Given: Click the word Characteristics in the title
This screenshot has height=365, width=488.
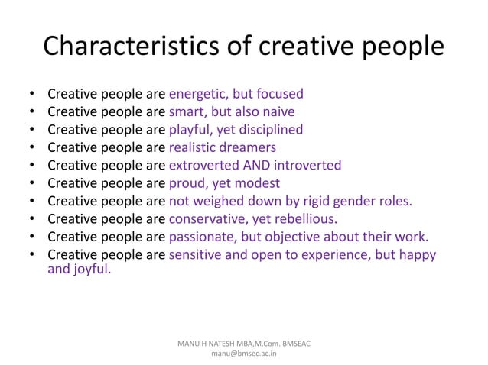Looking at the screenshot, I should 130,47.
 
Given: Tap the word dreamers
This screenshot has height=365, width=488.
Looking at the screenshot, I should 249,147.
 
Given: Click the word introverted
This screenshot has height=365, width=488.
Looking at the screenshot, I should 307,165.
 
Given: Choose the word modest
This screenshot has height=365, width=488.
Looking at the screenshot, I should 257,183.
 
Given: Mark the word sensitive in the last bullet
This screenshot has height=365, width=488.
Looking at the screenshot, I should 197,254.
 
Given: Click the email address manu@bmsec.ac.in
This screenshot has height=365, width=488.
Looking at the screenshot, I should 243,355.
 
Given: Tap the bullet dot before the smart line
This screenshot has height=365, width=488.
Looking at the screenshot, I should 31,112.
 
